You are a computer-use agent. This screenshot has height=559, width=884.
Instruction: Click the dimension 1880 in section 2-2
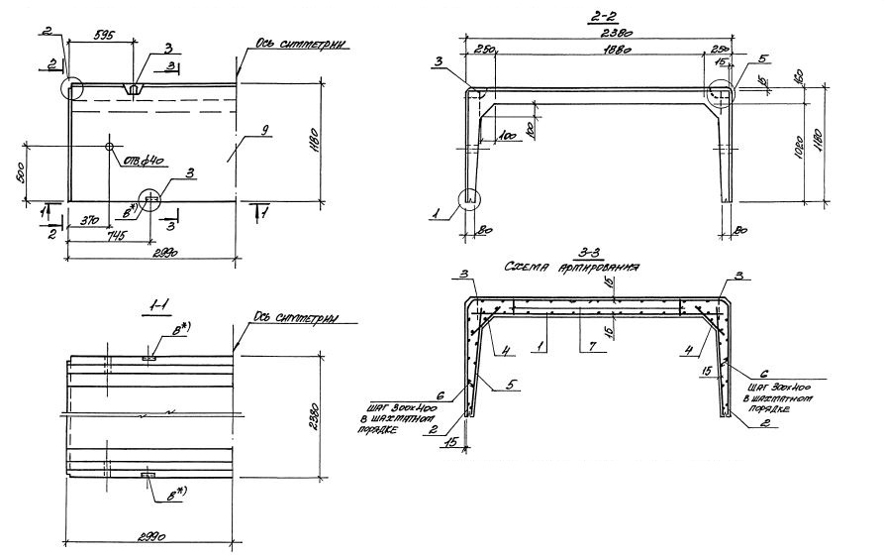[593, 51]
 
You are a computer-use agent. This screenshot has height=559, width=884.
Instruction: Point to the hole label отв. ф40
[141, 159]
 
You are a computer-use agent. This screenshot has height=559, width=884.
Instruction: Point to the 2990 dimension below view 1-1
[147, 534]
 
